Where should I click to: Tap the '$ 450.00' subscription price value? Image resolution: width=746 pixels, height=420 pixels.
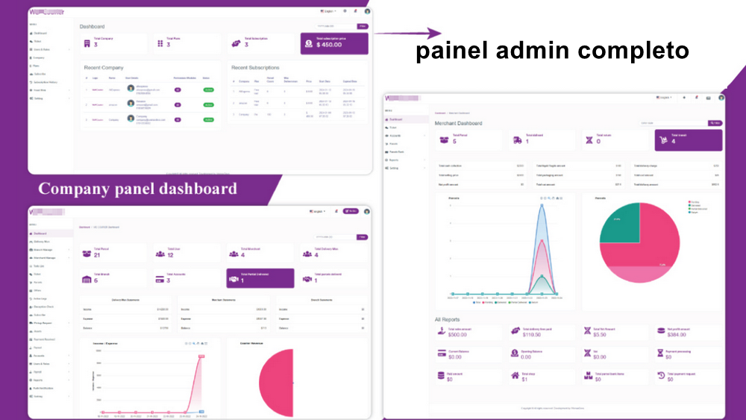click(x=329, y=45)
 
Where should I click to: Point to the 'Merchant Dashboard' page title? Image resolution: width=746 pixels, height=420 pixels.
click(x=458, y=123)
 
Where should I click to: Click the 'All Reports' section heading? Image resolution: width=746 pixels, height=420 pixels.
click(x=448, y=319)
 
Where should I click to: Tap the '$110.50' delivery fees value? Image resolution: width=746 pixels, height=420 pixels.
click(x=533, y=334)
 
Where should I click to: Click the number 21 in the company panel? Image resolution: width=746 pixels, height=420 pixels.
click(x=97, y=255)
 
